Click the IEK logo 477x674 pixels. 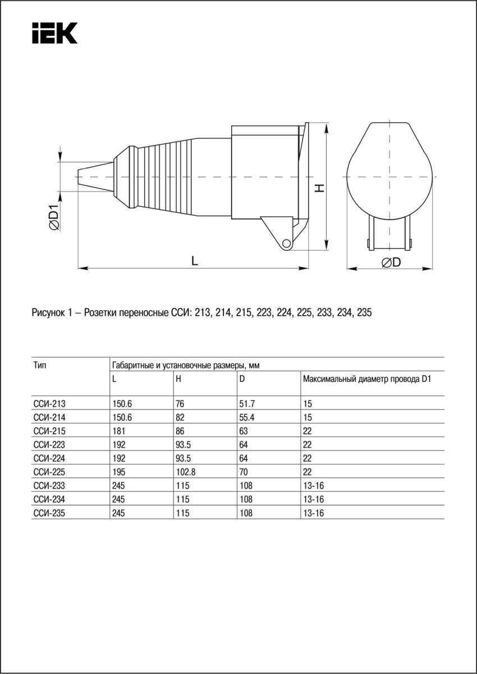coord(54,34)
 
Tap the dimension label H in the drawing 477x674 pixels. coord(319,188)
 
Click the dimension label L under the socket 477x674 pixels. coord(194,260)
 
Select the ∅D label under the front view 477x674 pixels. coord(391,262)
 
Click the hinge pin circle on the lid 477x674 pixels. coord(286,243)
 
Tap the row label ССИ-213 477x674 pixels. coord(45,404)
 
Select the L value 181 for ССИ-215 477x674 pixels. coord(118,431)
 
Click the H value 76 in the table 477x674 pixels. coord(180,404)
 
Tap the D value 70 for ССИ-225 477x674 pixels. coord(243,472)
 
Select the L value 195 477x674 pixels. coord(118,472)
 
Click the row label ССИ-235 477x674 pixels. coord(45,513)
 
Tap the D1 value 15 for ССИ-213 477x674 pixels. coord(306,404)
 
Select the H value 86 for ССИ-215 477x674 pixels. coord(180,431)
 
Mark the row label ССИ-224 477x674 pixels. coord(45,458)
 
